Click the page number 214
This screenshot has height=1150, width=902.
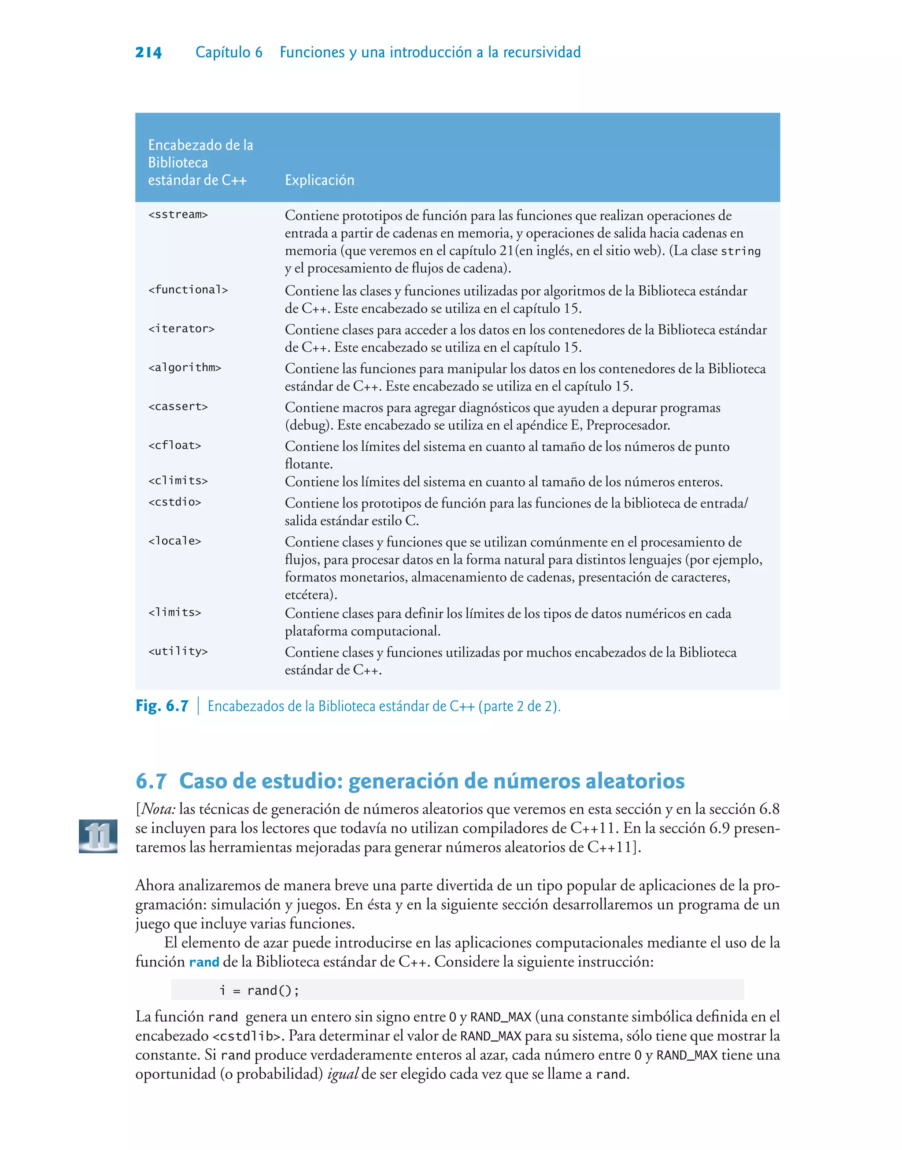tap(148, 52)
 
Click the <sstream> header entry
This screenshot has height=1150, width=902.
tap(178, 215)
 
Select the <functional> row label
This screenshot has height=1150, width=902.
tap(188, 290)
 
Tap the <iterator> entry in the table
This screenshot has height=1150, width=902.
tap(181, 329)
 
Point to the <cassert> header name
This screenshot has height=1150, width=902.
tap(178, 407)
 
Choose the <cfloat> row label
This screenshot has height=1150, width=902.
tap(175, 446)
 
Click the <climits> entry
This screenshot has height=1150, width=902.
tap(178, 481)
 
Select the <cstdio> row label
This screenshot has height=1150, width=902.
tap(175, 502)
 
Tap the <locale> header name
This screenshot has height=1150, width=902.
tap(175, 541)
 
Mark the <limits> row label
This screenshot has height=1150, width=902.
tap(175, 612)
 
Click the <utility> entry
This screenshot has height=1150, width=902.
tap(178, 651)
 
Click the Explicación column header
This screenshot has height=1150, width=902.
tap(319, 180)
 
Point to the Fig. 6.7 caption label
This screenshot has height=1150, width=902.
tap(162, 706)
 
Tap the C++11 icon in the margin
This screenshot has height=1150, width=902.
tap(98, 836)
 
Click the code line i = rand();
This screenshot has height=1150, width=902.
tap(259, 991)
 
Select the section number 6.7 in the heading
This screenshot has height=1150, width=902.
tap(151, 781)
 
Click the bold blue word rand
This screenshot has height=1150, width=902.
tap(204, 962)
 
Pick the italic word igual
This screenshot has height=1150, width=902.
tap(343, 1074)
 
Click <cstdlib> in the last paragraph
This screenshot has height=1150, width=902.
tap(246, 1036)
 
